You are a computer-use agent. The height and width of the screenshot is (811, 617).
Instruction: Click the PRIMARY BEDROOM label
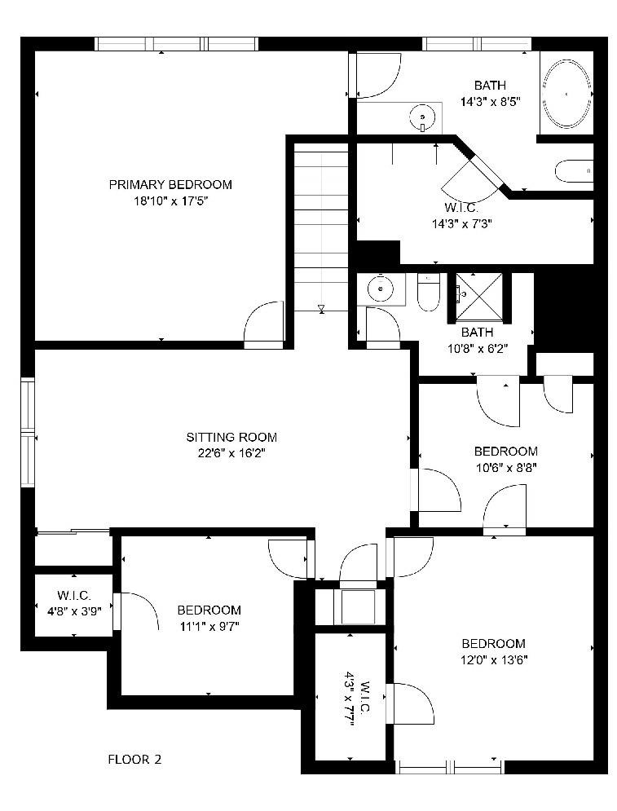pos(170,184)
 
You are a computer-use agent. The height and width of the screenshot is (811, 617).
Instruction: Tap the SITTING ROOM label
pos(231,437)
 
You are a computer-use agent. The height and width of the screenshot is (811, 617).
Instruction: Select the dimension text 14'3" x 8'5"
pos(490,102)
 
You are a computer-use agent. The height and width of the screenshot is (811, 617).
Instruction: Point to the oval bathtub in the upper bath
pos(566,94)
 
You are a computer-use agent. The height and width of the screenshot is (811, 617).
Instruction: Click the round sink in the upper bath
pos(422,118)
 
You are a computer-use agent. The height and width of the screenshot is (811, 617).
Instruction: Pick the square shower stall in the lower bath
pos(478,295)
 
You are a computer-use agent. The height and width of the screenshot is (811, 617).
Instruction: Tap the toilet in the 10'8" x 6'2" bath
pos(429,294)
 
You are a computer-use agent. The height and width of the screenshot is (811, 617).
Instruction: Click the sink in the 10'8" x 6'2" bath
pos(380,289)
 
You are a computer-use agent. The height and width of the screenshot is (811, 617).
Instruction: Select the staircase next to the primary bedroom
pos(321,228)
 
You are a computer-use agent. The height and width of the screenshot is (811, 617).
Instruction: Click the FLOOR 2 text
pos(135,760)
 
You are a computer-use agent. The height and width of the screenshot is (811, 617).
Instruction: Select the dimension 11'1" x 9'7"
pos(209,626)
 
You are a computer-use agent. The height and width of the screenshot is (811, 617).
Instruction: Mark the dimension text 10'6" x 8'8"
pos(505,468)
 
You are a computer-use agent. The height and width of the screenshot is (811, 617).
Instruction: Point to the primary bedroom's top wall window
pos(177,44)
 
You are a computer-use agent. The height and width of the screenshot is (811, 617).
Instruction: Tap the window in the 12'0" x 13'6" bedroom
pos(449,766)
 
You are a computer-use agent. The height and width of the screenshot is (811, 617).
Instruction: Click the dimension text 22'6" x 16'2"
pos(231,453)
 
